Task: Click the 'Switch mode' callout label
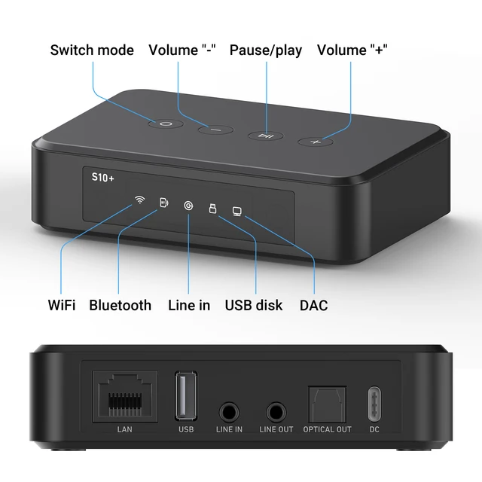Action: [92, 50]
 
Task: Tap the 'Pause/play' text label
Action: [266, 50]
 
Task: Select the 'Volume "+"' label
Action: [352, 50]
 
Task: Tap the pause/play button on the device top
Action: [265, 136]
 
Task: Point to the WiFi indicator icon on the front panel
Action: [139, 200]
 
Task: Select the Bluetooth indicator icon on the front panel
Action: [164, 203]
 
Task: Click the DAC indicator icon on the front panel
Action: [237, 213]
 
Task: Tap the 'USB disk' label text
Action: [254, 305]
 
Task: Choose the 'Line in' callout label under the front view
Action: [188, 305]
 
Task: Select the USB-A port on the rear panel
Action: [186, 395]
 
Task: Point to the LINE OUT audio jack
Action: [276, 412]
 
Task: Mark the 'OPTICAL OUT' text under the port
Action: [327, 430]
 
